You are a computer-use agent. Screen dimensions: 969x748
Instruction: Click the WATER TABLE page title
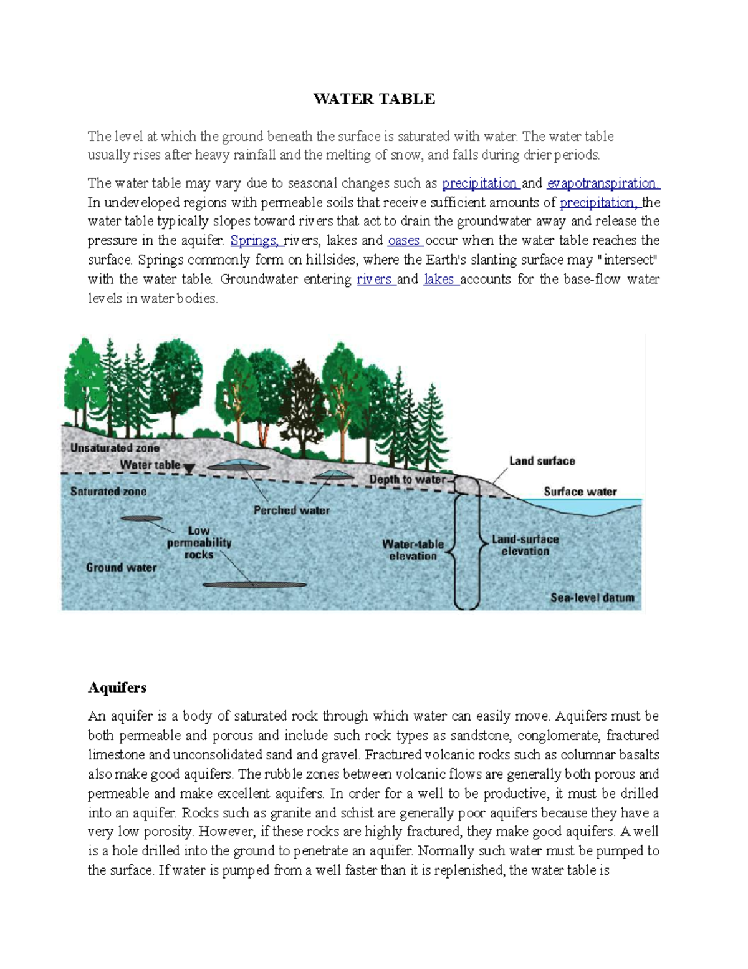pos(374,99)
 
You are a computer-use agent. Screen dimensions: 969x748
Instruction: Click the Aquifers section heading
pos(117,688)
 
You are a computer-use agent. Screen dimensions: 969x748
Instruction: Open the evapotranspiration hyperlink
pos(603,183)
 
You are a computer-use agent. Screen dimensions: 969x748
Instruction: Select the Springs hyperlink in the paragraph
pos(256,241)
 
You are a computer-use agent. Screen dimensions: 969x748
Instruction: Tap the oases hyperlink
pos(404,241)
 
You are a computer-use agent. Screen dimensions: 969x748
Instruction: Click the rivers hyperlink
pos(375,280)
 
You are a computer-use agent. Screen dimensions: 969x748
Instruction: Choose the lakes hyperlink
pos(439,280)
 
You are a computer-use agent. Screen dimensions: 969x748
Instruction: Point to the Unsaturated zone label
pos(115,448)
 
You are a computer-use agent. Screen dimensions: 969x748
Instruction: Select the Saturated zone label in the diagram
pos(108,492)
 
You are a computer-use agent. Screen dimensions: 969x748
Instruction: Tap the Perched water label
pos(291,510)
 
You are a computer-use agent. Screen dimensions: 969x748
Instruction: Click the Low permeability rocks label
pos(199,543)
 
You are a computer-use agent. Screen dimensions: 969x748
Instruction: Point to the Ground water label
pos(121,568)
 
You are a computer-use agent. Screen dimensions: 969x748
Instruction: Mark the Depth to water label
pos(407,479)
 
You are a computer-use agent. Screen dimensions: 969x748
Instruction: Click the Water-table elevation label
pos(413,550)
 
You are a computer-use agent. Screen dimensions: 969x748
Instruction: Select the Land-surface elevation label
pos(525,545)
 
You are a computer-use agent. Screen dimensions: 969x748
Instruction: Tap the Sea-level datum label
pos(592,598)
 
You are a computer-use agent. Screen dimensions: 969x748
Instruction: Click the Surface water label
pos(580,492)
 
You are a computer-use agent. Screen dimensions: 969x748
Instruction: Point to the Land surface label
pos(542,461)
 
